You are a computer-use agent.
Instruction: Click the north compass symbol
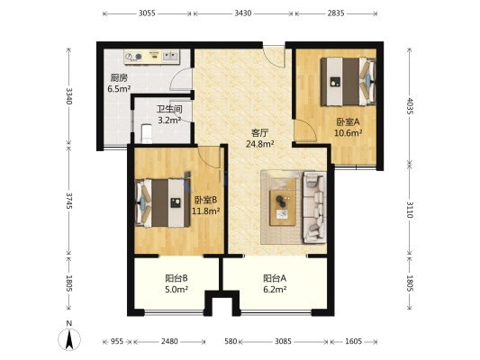pyautogui.click(x=69, y=339)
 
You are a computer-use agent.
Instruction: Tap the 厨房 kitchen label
pyautogui.click(x=119, y=78)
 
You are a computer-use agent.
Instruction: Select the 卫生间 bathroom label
pyautogui.click(x=169, y=109)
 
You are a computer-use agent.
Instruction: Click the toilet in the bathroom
pyautogui.click(x=147, y=134)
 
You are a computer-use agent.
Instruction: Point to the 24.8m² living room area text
pyautogui.click(x=260, y=144)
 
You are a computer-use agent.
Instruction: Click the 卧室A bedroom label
pyautogui.click(x=348, y=122)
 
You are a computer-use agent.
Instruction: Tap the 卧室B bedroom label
pyautogui.click(x=206, y=200)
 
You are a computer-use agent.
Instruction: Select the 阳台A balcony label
pyautogui.click(x=275, y=278)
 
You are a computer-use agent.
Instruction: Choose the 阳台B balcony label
pyautogui.click(x=177, y=278)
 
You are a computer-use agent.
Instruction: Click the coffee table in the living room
pyautogui.click(x=283, y=208)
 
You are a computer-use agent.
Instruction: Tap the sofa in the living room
pyautogui.click(x=314, y=208)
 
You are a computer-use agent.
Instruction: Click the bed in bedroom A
pyautogui.click(x=349, y=82)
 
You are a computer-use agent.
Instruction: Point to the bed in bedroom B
pyautogui.click(x=163, y=203)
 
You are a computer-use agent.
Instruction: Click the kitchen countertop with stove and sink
pyautogui.click(x=152, y=57)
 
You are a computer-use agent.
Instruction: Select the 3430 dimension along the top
pyautogui.click(x=243, y=13)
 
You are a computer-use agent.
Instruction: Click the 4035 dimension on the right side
pyautogui.click(x=410, y=106)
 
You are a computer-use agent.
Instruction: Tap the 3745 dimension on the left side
pyautogui.click(x=69, y=201)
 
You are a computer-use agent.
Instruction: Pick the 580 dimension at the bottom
pyautogui.click(x=231, y=341)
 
